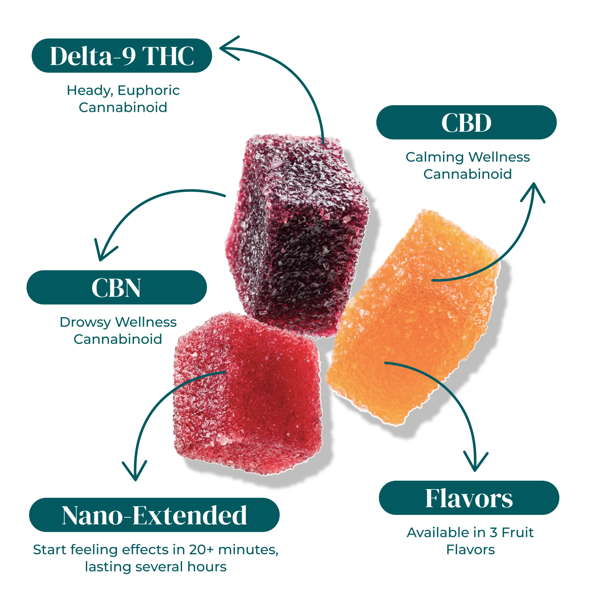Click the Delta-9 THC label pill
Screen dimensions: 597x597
122,56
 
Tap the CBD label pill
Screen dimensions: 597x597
466,122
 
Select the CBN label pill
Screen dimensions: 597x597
117,287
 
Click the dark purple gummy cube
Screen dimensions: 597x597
297,235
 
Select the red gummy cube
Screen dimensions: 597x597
247,392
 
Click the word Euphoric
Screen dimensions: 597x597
148,90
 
